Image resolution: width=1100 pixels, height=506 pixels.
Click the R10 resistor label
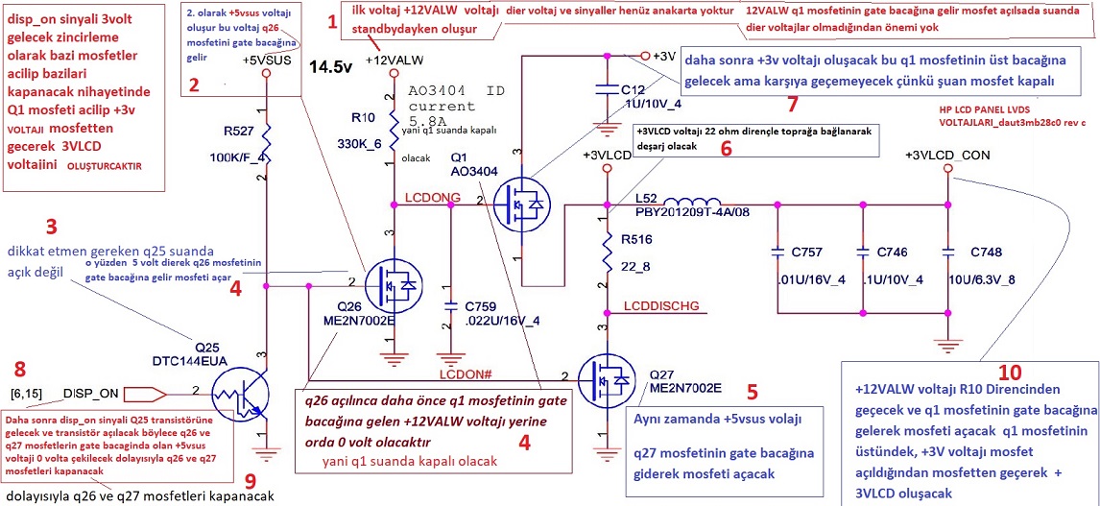coord(364,118)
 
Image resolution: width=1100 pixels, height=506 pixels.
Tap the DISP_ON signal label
coord(91,393)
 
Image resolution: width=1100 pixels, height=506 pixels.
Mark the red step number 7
coord(791,103)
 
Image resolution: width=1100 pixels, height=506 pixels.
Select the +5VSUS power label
coord(266,61)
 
